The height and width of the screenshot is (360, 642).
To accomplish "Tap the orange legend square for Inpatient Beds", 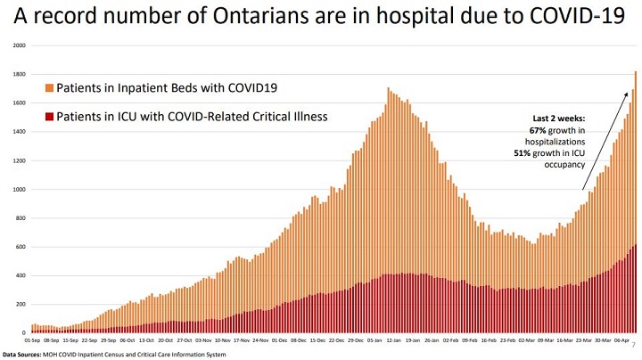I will tap(49, 88).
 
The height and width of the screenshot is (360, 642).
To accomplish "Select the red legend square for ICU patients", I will tap(49, 117).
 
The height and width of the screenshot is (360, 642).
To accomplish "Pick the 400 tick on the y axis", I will tap(21, 276).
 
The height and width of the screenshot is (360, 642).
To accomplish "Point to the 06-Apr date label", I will tap(622, 340).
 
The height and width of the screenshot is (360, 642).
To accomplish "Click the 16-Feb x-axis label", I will tap(487, 340).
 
